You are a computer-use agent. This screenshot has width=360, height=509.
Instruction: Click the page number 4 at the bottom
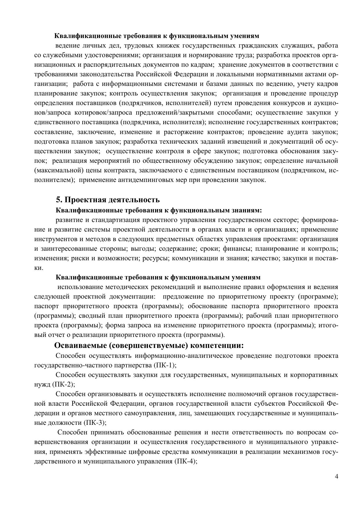(336, 476)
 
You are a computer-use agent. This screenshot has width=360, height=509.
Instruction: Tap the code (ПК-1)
(164, 365)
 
